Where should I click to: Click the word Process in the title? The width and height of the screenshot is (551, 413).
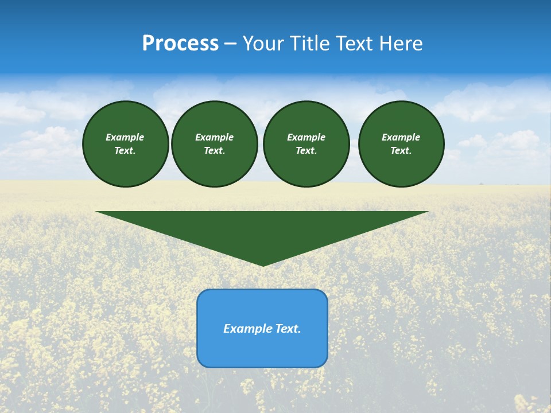pyautogui.click(x=180, y=44)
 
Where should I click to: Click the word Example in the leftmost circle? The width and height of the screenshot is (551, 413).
pyautogui.click(x=125, y=137)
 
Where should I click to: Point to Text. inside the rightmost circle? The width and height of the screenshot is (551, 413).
pyautogui.click(x=401, y=150)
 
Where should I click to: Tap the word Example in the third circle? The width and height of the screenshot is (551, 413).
pyautogui.click(x=306, y=137)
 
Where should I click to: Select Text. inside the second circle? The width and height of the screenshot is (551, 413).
pyautogui.click(x=215, y=150)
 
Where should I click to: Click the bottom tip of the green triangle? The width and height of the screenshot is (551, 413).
pyautogui.click(x=263, y=265)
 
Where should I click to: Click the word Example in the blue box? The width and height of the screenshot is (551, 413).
pyautogui.click(x=248, y=329)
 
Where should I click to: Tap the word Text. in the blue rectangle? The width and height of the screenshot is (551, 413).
pyautogui.click(x=288, y=329)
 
